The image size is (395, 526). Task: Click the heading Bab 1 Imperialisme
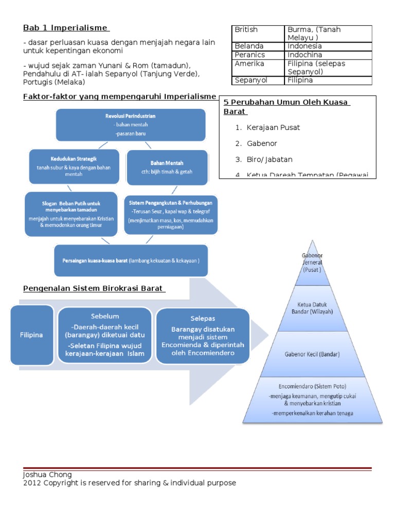[x=66, y=28]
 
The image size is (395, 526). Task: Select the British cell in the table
[x=246, y=30]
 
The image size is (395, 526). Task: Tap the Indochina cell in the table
[x=305, y=54]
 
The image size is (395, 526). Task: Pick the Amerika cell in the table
[x=249, y=64]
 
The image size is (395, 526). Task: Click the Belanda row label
[x=249, y=46]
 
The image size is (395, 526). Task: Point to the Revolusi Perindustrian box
[x=131, y=125]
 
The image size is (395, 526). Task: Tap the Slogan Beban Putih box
[x=70, y=214]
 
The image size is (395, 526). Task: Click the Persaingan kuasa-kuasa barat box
[x=131, y=260]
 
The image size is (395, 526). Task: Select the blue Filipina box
[x=32, y=334]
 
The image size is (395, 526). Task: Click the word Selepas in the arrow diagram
[x=202, y=318]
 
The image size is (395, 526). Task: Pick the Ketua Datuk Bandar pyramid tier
[x=312, y=308]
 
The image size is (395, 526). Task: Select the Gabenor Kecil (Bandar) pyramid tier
[x=312, y=354]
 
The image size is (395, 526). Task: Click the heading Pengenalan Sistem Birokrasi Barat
[x=94, y=289]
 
